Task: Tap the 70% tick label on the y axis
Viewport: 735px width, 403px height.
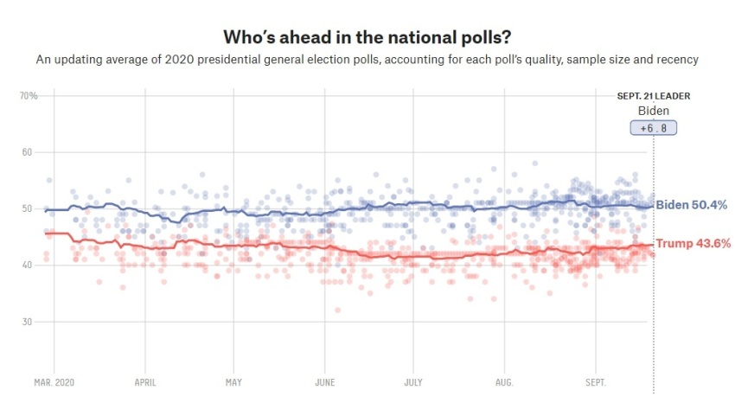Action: pos(29,95)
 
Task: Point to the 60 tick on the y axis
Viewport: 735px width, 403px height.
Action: pos(26,152)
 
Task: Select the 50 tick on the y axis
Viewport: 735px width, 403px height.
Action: pos(26,208)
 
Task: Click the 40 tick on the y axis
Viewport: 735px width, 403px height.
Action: pos(26,265)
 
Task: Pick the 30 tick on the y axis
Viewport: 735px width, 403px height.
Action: pos(26,322)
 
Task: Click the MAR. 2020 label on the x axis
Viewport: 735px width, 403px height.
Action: pos(54,381)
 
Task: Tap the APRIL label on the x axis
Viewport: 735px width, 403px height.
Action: pos(145,381)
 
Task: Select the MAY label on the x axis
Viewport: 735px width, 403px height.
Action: pos(234,381)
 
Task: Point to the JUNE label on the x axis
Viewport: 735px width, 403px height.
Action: pos(325,381)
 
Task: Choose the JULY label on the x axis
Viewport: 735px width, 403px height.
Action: pos(413,381)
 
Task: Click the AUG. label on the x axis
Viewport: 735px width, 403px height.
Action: pos(505,381)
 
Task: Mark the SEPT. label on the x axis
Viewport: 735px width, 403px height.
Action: pos(596,381)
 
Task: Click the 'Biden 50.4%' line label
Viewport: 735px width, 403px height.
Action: pos(691,205)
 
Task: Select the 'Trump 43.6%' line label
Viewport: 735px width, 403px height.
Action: pos(692,244)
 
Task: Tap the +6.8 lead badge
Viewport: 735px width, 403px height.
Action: pos(653,128)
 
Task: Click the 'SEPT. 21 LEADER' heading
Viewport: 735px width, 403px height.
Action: pos(653,96)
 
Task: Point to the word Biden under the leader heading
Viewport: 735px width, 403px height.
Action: pos(653,111)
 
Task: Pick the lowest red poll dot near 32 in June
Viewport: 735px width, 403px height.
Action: pos(338,310)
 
